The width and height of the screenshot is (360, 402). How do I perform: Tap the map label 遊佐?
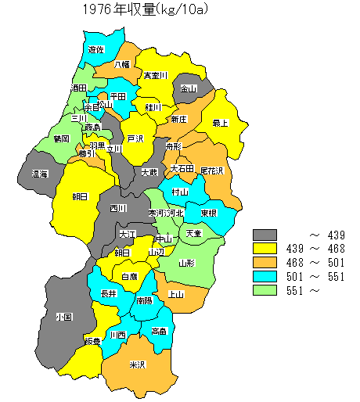(x=96, y=49)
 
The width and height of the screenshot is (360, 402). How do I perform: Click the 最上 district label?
(x=220, y=123)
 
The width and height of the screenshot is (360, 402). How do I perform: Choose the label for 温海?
(x=39, y=174)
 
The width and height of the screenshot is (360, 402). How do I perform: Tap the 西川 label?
(x=117, y=208)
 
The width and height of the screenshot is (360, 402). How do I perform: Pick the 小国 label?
(x=64, y=318)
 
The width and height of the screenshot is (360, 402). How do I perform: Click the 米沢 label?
(x=138, y=364)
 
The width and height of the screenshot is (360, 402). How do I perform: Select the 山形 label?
(x=186, y=263)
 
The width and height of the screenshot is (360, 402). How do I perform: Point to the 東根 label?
(x=207, y=213)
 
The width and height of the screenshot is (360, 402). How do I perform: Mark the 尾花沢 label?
(x=211, y=170)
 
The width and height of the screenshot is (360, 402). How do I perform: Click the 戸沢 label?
(x=135, y=139)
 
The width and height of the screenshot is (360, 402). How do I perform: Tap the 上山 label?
(x=176, y=294)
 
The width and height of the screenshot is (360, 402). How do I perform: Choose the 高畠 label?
(x=159, y=331)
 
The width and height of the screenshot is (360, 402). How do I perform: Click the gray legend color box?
(x=266, y=235)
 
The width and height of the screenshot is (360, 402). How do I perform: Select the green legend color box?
(x=266, y=290)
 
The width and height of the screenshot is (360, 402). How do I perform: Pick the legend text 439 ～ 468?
(x=316, y=249)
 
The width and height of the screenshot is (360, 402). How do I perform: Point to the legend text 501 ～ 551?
(x=316, y=277)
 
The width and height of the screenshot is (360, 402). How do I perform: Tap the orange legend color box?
(x=266, y=263)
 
